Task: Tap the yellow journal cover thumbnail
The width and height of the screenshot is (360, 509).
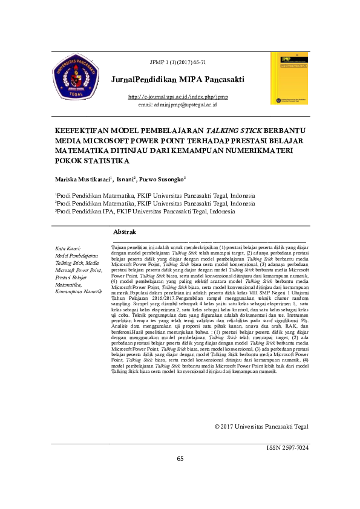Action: click(x=289, y=78)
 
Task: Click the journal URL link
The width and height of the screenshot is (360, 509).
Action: click(x=178, y=97)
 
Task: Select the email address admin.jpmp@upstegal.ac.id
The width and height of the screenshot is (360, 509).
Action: click(x=178, y=105)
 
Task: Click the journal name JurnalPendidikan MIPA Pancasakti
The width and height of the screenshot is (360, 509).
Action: click(x=178, y=80)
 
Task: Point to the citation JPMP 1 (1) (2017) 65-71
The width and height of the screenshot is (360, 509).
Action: click(x=178, y=62)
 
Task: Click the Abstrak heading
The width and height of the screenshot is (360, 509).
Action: click(x=125, y=232)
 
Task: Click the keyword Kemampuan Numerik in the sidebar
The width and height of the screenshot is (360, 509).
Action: click(x=78, y=291)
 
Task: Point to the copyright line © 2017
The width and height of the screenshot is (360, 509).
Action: click(x=261, y=427)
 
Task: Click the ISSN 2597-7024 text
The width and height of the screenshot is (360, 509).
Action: click(x=287, y=448)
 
